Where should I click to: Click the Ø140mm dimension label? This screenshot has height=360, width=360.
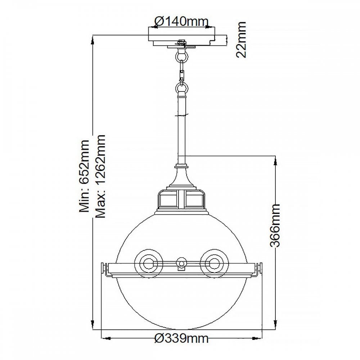point(181,22)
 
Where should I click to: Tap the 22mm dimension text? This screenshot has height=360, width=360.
point(241,40)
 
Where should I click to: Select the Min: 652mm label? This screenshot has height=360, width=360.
point(84,176)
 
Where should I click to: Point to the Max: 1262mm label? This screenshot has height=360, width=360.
point(100,176)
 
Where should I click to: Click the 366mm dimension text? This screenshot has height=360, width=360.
point(275,225)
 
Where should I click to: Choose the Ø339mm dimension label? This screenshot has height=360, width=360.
point(181,338)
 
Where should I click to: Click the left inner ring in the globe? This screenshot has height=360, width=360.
point(149,264)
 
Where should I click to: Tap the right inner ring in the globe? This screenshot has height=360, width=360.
point(214,264)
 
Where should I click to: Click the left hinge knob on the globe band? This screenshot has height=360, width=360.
point(104,268)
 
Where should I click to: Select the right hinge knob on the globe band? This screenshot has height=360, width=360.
point(260,268)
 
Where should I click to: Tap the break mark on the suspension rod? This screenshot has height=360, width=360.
point(181,115)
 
